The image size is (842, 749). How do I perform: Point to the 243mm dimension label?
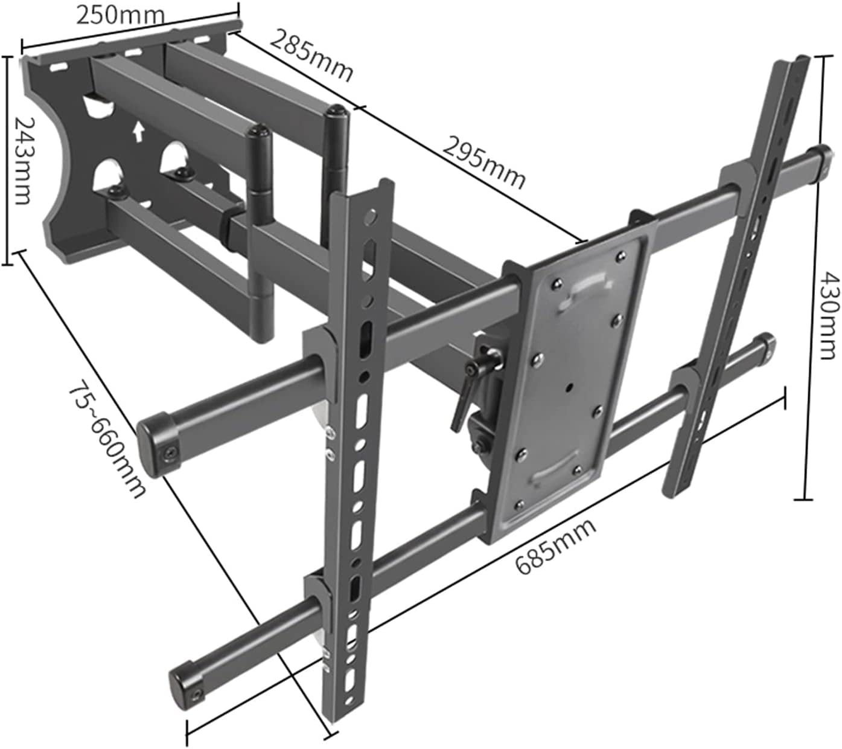22,160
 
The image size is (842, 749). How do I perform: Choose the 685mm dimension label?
555,547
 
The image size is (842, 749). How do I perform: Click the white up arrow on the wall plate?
139,130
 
